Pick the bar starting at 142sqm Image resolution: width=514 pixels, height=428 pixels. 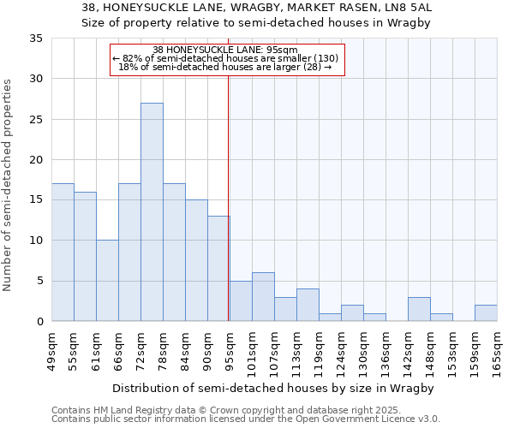(419, 309)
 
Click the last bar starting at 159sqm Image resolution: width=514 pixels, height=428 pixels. (486, 313)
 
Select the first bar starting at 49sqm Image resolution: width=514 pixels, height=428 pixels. (63, 253)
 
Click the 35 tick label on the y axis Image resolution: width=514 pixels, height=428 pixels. (36, 39)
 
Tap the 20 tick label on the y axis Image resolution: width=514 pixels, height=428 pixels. (36, 160)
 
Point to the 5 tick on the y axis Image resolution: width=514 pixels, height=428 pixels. (39, 282)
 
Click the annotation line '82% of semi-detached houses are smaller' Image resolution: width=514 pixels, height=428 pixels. (226, 58)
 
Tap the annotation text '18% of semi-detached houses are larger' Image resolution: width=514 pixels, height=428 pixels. (224, 67)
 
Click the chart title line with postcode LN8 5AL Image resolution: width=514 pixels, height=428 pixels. (257, 7)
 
